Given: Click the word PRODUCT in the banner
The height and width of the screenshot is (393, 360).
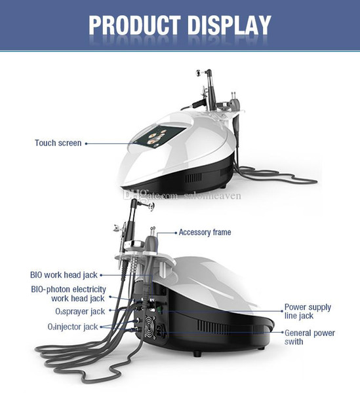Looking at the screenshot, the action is tap(134, 26).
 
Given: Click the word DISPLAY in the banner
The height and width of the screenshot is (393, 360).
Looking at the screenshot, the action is tap(229, 26).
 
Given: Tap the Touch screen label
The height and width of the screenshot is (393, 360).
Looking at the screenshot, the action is tap(58, 143).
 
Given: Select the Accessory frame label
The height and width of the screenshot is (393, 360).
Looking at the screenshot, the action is tap(205, 233).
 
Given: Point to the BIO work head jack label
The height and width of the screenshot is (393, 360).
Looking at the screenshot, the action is tap(64, 275).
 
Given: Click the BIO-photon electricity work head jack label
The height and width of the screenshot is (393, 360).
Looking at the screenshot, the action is tap(68, 293).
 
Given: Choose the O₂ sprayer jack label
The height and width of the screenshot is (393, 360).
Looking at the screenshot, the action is tap(80, 312).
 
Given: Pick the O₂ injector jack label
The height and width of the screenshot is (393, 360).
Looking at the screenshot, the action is tap(73, 327).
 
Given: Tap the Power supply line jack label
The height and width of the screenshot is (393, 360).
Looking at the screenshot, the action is tap(308, 311).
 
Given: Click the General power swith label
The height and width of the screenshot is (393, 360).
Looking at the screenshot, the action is tap(310, 337).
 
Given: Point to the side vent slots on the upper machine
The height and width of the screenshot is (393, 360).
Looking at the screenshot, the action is tap(193, 178).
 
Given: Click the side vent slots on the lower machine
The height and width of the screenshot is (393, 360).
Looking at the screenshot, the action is tap(213, 327).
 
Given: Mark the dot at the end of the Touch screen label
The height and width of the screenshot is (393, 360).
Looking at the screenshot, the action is tap(86, 143).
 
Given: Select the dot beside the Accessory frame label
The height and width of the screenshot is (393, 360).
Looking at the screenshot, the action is tap(176, 233).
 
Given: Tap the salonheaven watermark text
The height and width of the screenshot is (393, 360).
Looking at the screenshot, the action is tap(212, 196).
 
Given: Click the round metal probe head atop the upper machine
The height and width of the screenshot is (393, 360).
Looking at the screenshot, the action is tap(198, 73).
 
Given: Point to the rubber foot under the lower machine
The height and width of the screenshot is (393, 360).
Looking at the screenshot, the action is tap(197, 354).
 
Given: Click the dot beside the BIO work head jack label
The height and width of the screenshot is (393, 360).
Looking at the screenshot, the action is tap(101, 275).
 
